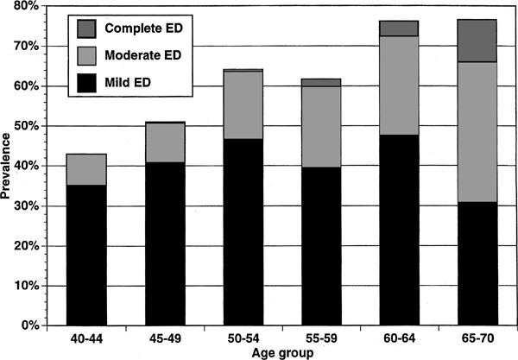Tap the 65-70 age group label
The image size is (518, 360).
tap(476, 338)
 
